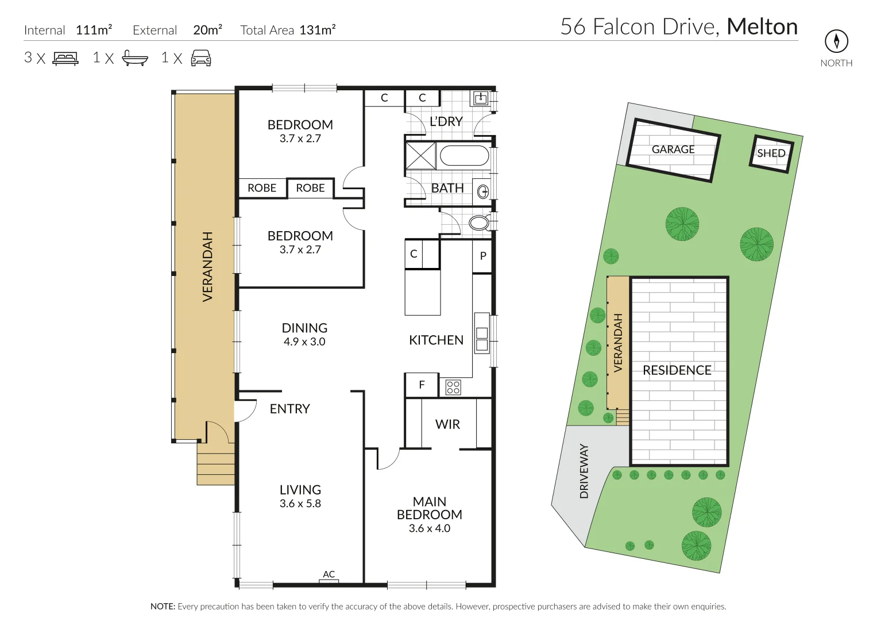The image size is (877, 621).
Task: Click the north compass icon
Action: point(836,41)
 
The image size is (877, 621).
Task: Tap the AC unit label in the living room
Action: point(329,574)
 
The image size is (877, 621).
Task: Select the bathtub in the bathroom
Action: point(464,156)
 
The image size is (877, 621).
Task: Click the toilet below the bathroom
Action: point(479,223)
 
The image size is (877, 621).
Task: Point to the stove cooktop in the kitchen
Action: point(453,387)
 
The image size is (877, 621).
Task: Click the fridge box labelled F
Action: point(422,385)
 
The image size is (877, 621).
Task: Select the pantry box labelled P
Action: point(482,256)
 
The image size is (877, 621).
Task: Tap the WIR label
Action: point(447,424)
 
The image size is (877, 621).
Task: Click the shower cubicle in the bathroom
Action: point(420,155)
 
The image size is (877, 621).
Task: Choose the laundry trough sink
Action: point(480,99)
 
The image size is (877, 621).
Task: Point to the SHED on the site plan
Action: point(771,154)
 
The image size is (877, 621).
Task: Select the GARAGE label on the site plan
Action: point(673,149)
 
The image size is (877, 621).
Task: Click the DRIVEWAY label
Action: point(584,471)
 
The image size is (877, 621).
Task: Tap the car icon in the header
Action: point(200,58)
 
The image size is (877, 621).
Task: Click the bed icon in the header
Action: point(65,58)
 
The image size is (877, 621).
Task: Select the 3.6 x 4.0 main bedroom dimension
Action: point(430,528)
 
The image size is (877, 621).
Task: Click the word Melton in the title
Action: point(762,27)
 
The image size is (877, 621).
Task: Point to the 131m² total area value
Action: point(318,30)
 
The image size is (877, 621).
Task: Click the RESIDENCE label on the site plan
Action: point(677,370)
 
